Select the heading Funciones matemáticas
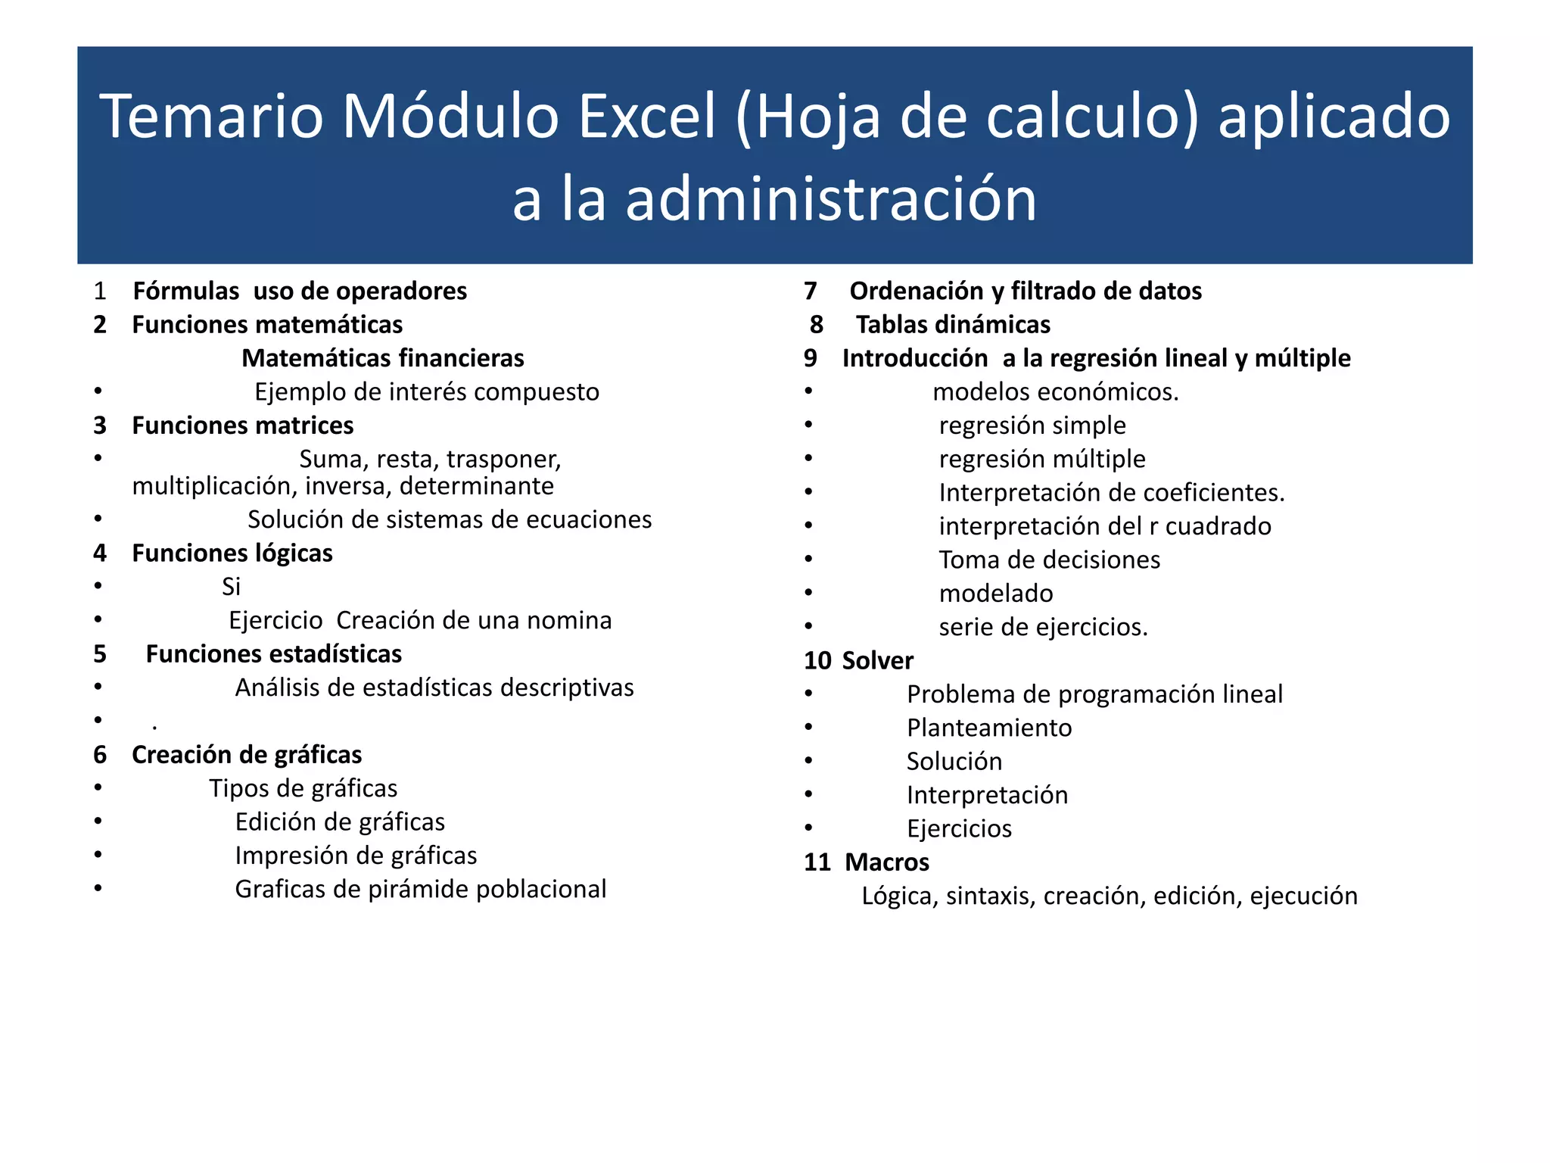[x=267, y=325]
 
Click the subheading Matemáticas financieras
[x=382, y=358]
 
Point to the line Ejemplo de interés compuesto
[x=426, y=392]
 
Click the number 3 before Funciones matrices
[x=100, y=426]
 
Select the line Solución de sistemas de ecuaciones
[x=449, y=519]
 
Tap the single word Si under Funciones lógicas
[x=231, y=587]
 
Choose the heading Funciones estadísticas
[x=273, y=654]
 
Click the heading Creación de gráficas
[x=247, y=755]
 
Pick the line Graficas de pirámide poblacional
[x=420, y=889]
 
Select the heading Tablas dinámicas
[x=953, y=325]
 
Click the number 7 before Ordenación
[x=811, y=291]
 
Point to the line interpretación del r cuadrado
[x=1104, y=526]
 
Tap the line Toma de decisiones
[x=1049, y=560]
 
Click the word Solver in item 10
[x=877, y=661]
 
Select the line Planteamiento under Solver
[x=989, y=728]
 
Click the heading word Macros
[x=887, y=862]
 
